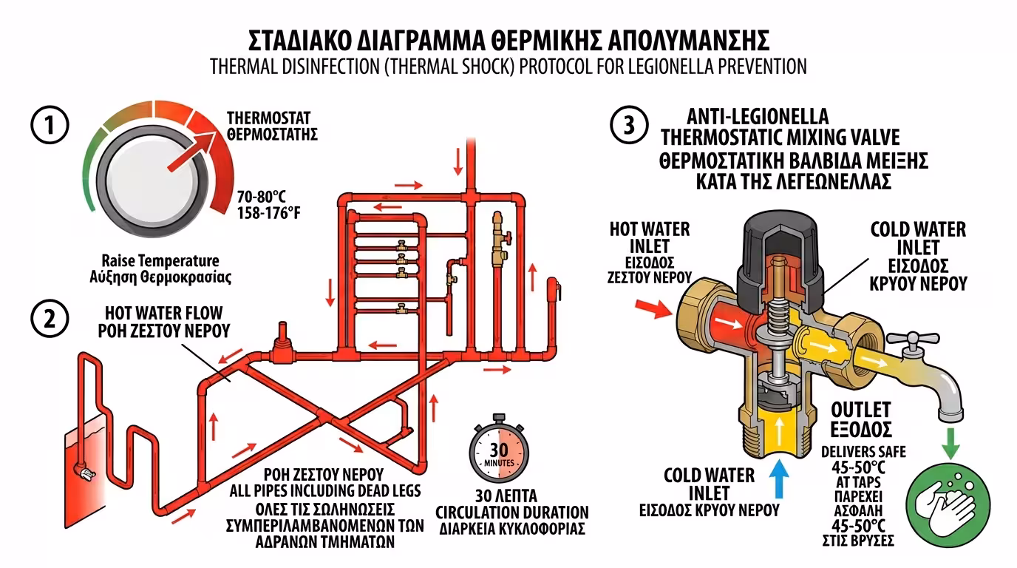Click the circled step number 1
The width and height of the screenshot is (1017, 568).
[50, 126]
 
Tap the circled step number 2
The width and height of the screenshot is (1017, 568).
[50, 319]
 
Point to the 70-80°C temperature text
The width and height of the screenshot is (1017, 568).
[262, 197]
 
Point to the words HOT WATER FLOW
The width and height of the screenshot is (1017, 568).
[163, 314]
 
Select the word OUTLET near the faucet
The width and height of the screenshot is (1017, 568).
[861, 410]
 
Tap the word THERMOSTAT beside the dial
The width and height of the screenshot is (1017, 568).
[268, 118]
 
